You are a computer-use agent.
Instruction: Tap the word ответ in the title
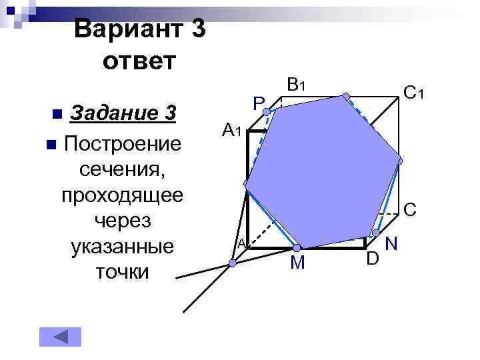[x=139, y=62]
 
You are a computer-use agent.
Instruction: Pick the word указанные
[x=121, y=246]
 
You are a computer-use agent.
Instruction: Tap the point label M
[x=297, y=264]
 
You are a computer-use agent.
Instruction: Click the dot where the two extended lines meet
[x=233, y=264]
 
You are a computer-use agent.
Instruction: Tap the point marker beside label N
[x=376, y=233]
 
